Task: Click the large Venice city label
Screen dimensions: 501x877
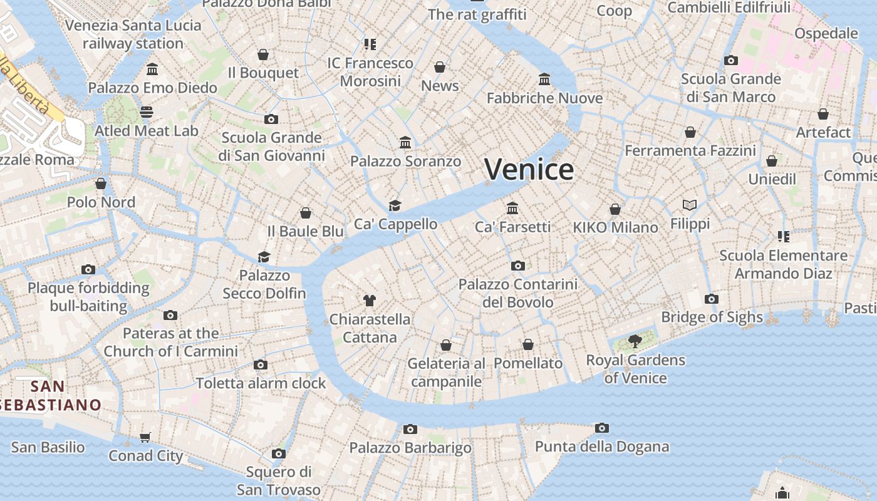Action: coord(529,170)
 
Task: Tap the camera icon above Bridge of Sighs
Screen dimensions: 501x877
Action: coord(712,299)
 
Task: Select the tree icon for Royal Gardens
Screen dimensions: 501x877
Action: coord(635,341)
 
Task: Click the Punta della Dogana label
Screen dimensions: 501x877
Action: coord(601,447)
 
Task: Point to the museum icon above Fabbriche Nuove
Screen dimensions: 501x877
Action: coord(544,80)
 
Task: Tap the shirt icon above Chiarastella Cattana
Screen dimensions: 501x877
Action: coord(369,301)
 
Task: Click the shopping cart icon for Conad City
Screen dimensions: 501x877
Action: coord(145,437)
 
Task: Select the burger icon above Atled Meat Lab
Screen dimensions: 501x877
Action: coord(146,112)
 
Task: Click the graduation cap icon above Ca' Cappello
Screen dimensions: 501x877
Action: coord(395,205)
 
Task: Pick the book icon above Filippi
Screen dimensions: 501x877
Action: coord(690,205)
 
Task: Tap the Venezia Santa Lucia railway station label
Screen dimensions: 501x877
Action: coord(133,34)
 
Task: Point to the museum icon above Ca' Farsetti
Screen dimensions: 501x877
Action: coord(512,208)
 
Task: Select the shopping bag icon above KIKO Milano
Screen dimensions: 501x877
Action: coord(615,209)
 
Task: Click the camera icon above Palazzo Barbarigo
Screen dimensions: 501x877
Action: coord(410,429)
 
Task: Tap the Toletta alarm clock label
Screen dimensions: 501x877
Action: coord(261,383)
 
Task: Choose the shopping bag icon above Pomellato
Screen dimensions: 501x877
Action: coord(528,345)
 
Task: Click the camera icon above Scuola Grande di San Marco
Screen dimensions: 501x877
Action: coord(730,61)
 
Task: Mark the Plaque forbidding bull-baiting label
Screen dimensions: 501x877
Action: coord(88,297)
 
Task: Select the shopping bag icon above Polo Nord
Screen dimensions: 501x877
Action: coord(101,183)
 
